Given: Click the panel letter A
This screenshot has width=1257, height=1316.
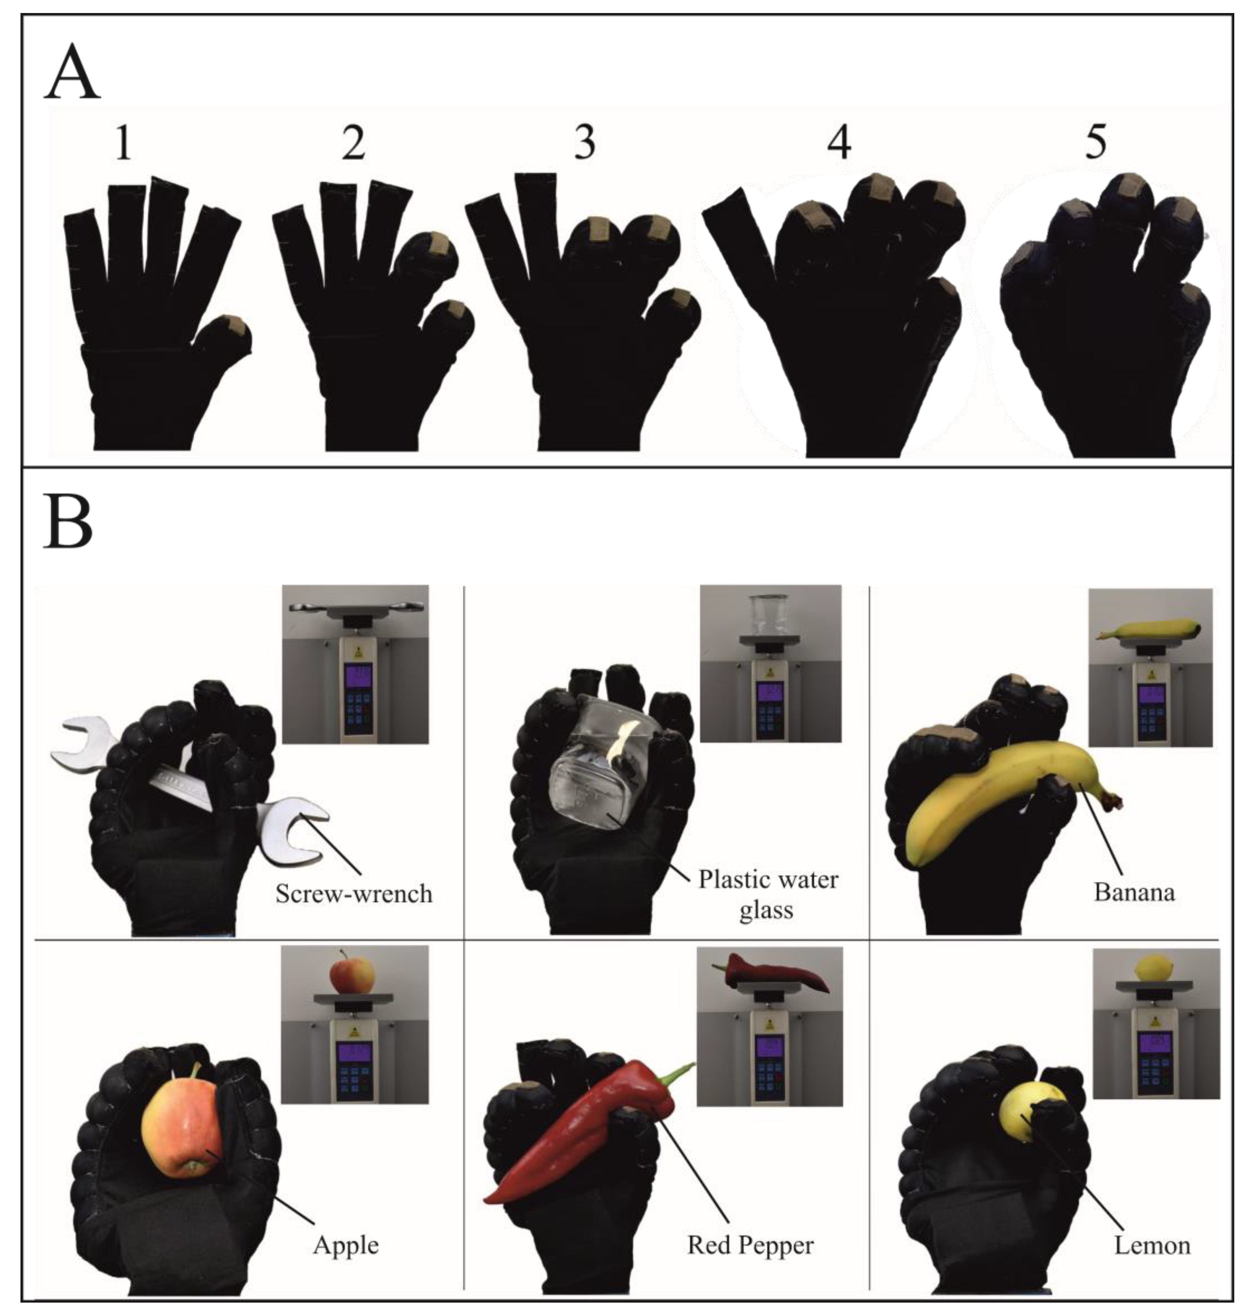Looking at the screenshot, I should click(x=72, y=74).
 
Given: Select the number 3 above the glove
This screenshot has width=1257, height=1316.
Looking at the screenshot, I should click(x=585, y=143).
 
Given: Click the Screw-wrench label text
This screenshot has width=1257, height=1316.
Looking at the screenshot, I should click(x=354, y=893).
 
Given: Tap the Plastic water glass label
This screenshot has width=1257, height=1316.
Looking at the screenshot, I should click(x=768, y=895).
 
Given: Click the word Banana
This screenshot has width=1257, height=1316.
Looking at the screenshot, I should click(x=1134, y=892).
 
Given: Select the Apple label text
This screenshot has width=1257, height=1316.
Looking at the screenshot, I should click(x=346, y=1245).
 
